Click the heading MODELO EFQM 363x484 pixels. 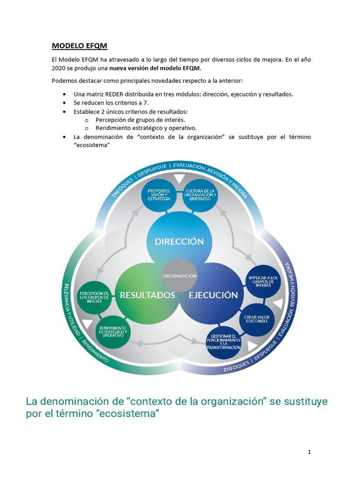coord(79,46)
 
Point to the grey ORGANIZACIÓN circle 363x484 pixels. coord(179,275)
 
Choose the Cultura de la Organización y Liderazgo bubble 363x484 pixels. coord(200,195)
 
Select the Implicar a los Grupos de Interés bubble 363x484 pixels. coord(264,282)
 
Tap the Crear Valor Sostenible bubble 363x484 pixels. coord(256,319)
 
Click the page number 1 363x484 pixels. coord(309,452)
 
